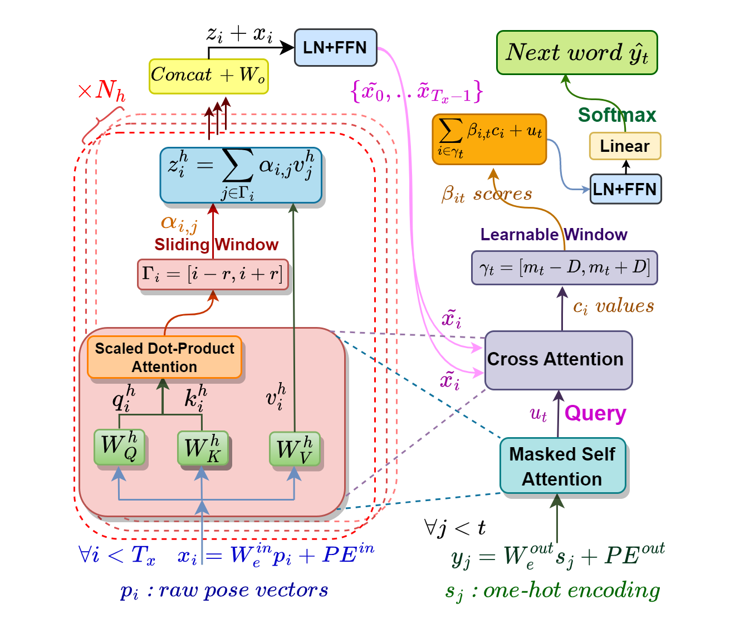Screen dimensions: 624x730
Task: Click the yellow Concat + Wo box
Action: tap(209, 76)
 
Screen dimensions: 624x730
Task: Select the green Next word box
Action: tap(577, 53)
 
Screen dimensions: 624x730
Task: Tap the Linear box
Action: tap(625, 146)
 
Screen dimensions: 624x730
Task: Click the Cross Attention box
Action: tap(558, 360)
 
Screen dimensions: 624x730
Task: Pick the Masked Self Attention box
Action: tap(562, 466)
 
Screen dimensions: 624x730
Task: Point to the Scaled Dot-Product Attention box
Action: tap(164, 358)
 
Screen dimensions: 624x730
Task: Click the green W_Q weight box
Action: tap(119, 447)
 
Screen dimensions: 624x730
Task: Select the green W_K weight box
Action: tap(202, 448)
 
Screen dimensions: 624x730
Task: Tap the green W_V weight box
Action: tap(294, 449)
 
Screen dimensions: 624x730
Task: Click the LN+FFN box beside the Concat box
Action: tap(335, 48)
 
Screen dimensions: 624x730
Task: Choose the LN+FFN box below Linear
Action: tap(625, 190)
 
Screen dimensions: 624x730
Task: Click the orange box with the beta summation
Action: tap(489, 139)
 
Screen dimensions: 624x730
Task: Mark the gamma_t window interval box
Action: tap(564, 268)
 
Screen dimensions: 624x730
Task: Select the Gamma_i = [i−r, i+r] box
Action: tap(213, 274)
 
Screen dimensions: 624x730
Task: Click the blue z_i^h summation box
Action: tap(241, 175)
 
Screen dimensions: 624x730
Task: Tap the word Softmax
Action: tap(617, 115)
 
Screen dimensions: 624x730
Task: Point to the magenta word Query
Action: tap(595, 413)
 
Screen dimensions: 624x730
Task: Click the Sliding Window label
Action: tap(216, 245)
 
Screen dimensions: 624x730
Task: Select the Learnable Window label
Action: tap(553, 235)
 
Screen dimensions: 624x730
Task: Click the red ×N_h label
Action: tap(102, 90)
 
